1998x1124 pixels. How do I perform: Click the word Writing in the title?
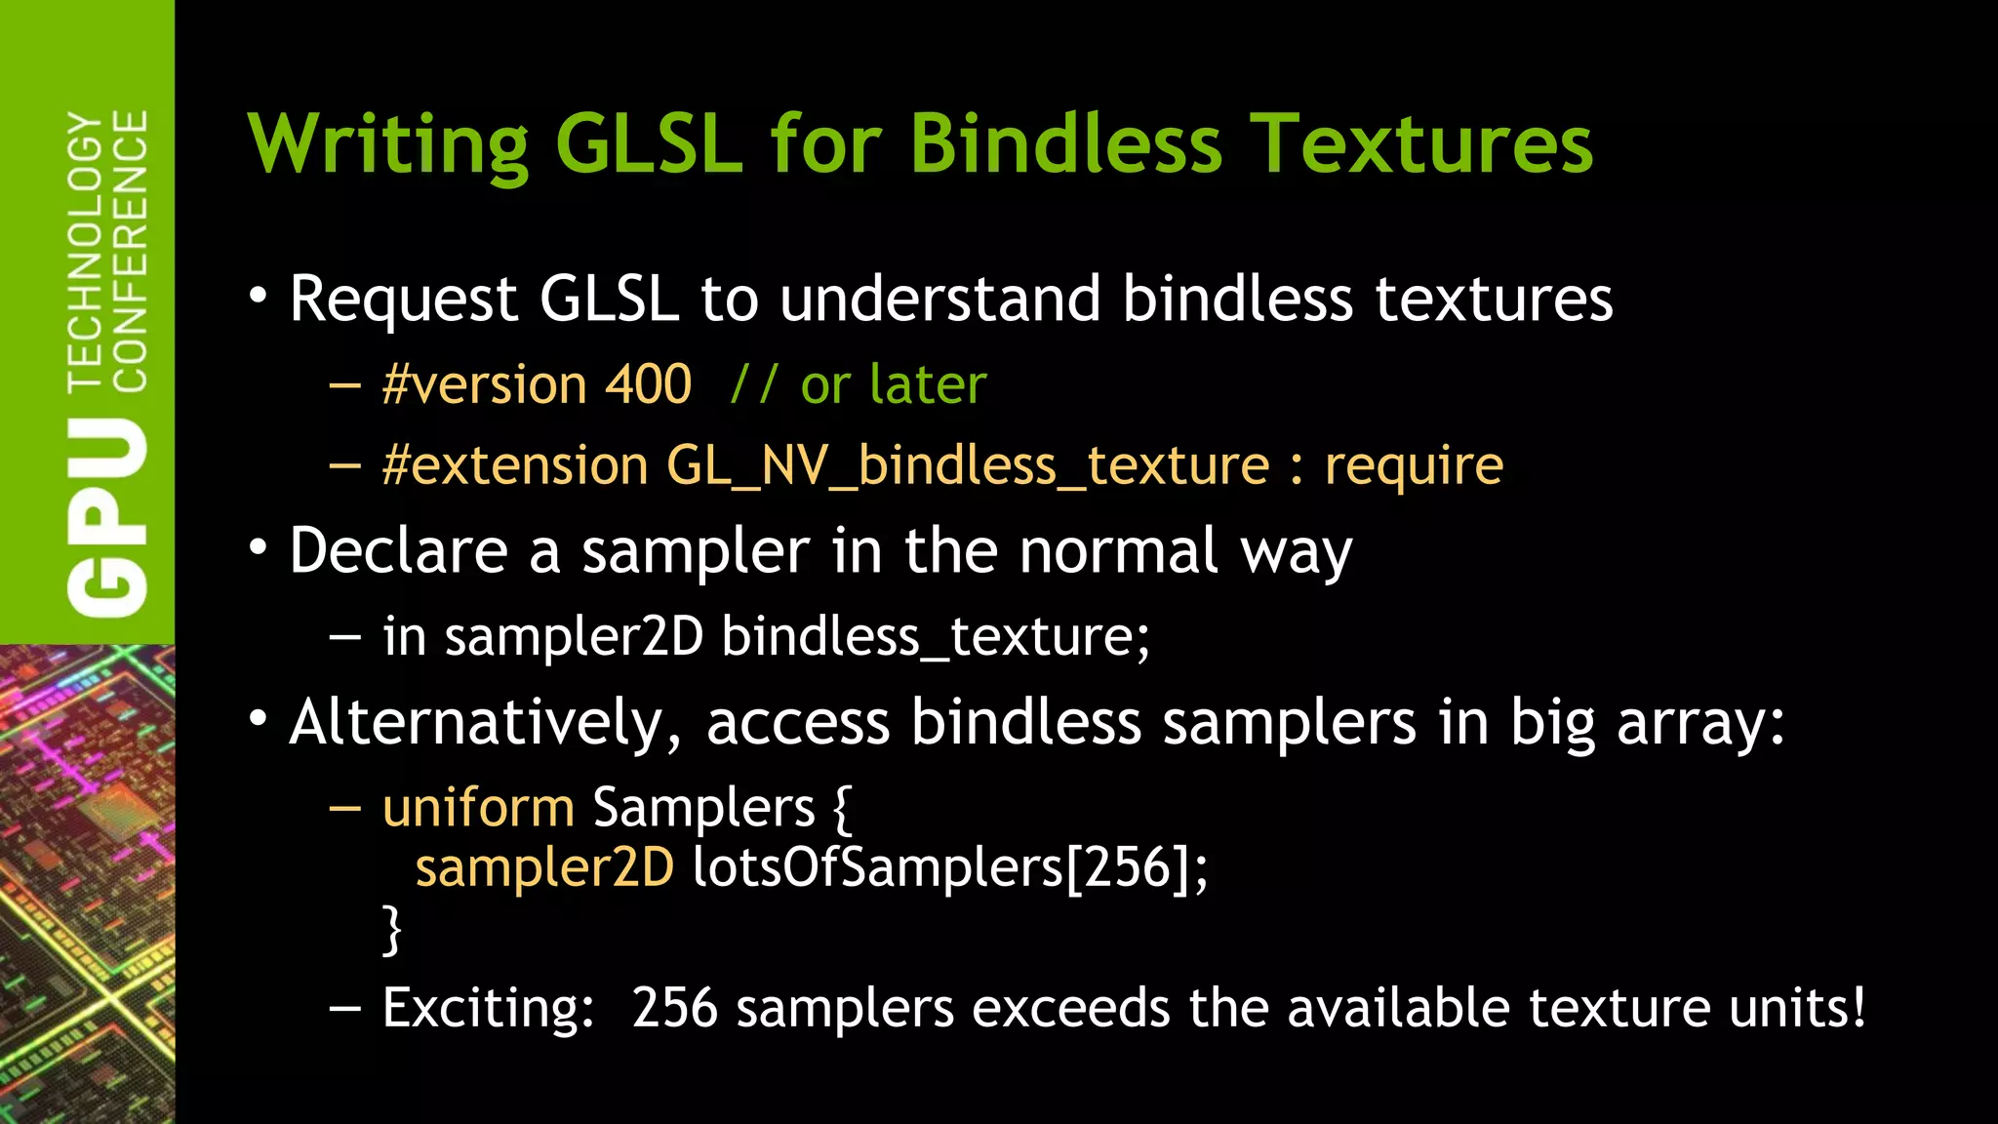[x=389, y=144]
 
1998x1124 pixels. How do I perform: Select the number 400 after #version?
[x=648, y=384]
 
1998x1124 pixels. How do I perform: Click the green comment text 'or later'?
[x=894, y=384]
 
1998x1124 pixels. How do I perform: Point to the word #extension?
[x=515, y=465]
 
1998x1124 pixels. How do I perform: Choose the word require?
[x=1414, y=466]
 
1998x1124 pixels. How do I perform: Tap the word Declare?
[x=398, y=551]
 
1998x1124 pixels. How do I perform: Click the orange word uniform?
[x=478, y=809]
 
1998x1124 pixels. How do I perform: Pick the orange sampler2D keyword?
[x=544, y=867]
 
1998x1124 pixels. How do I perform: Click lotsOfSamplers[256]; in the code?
[x=950, y=867]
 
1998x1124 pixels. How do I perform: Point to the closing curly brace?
[x=391, y=930]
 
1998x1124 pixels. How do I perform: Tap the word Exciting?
[x=488, y=1008]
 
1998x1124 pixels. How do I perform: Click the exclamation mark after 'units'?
[x=1857, y=1007]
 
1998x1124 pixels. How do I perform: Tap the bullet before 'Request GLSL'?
[x=258, y=296]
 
